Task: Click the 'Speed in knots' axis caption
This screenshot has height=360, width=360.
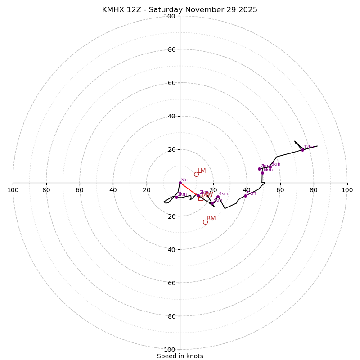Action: point(180,356)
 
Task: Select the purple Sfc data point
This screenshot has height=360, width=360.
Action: point(180,183)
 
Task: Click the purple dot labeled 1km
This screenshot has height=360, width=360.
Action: point(176,197)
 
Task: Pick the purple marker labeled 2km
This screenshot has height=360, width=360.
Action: point(198,195)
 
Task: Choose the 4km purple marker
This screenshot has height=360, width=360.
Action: point(218,197)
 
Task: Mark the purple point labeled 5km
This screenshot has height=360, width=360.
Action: point(245,196)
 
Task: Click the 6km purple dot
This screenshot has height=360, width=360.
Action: point(262,173)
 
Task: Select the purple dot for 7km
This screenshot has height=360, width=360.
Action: point(259,169)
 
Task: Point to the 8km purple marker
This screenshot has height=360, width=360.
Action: point(270,167)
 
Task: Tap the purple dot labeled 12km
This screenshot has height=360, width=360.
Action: point(302,150)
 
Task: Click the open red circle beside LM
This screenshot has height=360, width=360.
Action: point(196,174)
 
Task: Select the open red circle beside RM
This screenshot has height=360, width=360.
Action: point(205,222)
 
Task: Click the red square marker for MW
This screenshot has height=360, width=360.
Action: point(201,198)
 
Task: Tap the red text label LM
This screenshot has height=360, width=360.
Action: point(202,171)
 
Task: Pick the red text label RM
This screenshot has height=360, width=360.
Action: point(211,219)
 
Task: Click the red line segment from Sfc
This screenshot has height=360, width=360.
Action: point(189,189)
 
